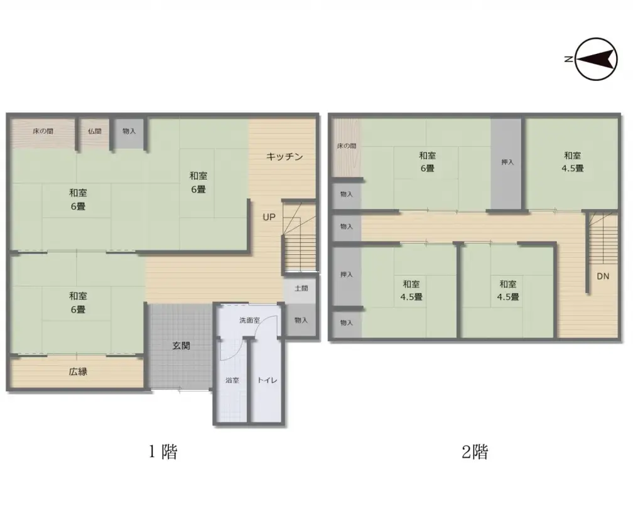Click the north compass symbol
[597, 60]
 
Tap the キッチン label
[284, 156]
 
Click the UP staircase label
[269, 218]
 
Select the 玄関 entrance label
[181, 345]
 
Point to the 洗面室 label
[249, 320]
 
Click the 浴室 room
[232, 380]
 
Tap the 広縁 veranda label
[78, 372]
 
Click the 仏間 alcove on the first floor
[94, 132]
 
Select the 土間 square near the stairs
[301, 289]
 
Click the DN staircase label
[603, 276]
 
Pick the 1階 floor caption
[163, 452]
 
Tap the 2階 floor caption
[475, 452]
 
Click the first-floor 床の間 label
[43, 132]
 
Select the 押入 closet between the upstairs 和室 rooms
[507, 163]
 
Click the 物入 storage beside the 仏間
[129, 132]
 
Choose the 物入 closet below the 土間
[301, 320]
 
